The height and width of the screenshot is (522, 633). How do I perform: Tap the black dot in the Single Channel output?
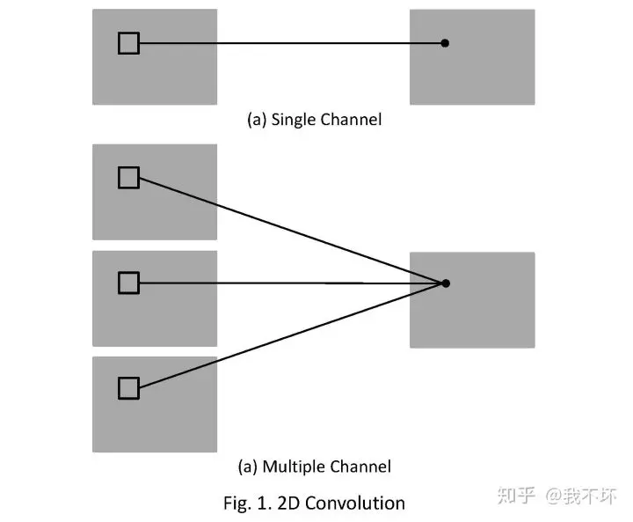click(445, 43)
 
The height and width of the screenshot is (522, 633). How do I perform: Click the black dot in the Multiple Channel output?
click(446, 283)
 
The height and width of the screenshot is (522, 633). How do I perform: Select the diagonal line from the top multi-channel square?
click(291, 231)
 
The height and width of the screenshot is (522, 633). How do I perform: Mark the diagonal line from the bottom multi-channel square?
click(291, 335)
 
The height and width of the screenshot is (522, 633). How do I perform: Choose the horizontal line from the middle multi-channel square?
click(291, 283)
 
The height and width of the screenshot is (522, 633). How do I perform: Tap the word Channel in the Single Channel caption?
click(351, 120)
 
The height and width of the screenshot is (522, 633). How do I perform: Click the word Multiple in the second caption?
click(293, 467)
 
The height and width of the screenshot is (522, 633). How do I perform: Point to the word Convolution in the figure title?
click(355, 504)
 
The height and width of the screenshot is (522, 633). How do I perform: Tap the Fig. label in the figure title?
click(237, 504)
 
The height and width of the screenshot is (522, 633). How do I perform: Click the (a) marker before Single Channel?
click(257, 120)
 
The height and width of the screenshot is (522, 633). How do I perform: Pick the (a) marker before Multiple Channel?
click(248, 467)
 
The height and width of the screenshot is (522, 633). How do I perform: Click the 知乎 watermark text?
click(516, 496)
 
